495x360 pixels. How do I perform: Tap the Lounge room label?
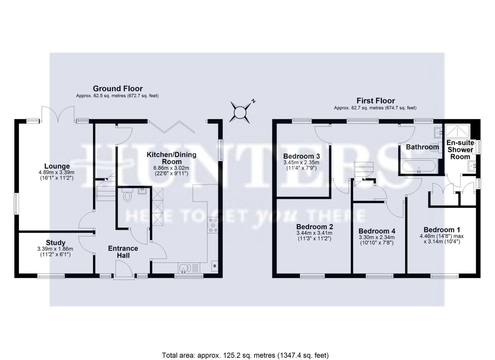point(57,166)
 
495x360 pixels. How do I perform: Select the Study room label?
point(56,243)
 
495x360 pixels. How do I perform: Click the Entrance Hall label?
point(123,252)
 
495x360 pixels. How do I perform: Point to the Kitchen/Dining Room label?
point(171,158)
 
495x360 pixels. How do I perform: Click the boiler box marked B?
point(215,266)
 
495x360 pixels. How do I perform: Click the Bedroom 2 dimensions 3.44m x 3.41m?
point(314,233)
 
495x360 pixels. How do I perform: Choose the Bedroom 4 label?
point(377,231)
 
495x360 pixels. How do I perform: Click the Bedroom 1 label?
point(442,230)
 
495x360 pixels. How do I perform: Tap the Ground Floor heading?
point(118,88)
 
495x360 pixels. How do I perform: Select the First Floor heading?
point(376,100)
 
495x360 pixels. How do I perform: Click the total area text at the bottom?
point(245,355)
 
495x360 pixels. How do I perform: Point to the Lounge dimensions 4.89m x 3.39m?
point(56,172)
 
